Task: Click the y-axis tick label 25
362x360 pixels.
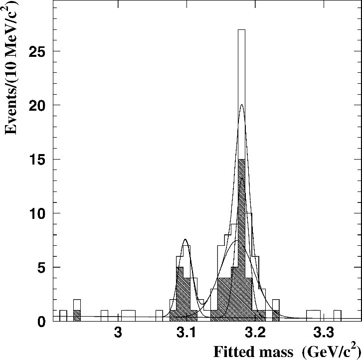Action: (36, 51)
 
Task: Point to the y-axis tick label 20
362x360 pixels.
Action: (36, 105)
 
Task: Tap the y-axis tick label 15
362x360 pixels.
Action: (36, 160)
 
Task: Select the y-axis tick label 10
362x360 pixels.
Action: (36, 213)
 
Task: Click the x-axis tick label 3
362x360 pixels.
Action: (118, 334)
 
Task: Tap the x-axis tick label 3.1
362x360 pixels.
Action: (186, 334)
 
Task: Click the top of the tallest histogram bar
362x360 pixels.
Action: (241, 30)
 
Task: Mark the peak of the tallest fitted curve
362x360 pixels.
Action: (241, 105)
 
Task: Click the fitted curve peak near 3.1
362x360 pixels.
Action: (185, 239)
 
